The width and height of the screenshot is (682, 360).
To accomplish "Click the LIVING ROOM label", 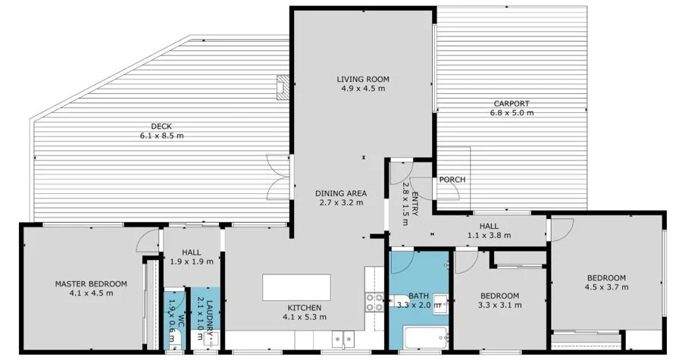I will coord(363,79).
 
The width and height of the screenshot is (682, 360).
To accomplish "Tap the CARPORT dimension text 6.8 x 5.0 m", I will coord(511,113).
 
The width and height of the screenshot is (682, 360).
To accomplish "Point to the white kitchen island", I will coord(296,288).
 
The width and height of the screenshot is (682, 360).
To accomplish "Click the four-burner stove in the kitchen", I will coord(374,302).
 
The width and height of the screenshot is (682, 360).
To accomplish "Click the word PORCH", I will coord(452,180).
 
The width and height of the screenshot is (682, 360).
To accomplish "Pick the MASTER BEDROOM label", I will coord(91,284).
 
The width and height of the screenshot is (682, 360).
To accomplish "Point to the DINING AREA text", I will coord(340,193).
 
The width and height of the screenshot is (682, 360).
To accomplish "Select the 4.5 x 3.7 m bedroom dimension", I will coord(605,287).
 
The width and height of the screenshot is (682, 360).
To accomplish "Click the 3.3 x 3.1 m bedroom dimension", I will coord(499,305).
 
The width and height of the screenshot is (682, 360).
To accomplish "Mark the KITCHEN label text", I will coord(305,307).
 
